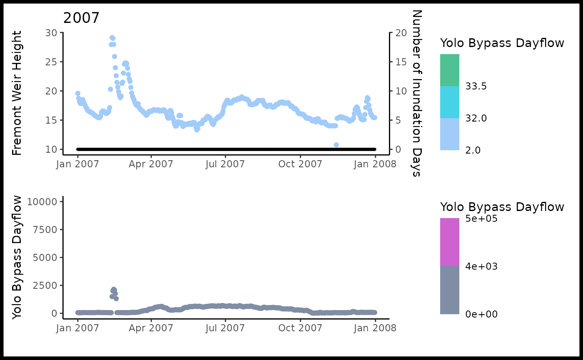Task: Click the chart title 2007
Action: [x=81, y=18]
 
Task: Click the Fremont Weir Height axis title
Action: [x=17, y=93]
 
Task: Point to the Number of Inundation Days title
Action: [x=416, y=93]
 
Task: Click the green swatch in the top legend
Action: [x=450, y=70]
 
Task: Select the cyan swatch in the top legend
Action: [x=450, y=102]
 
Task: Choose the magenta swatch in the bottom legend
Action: [x=450, y=242]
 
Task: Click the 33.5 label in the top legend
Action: [x=476, y=87]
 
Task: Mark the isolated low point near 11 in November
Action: [x=336, y=145]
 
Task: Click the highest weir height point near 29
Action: [x=112, y=38]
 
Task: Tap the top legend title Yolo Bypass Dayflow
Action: [x=502, y=43]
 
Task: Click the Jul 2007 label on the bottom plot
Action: [x=225, y=328]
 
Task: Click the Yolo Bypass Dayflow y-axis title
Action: [x=17, y=258]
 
